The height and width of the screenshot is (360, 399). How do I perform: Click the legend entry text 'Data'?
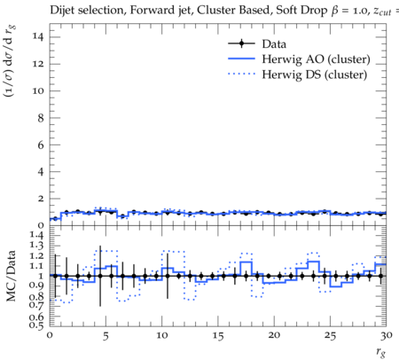[274, 44]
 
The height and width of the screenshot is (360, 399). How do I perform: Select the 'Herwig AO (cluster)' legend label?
[316, 59]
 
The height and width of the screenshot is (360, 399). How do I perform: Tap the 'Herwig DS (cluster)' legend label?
[315, 74]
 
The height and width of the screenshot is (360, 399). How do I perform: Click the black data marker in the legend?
[241, 43]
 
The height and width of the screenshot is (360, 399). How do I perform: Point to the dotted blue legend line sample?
[241, 74]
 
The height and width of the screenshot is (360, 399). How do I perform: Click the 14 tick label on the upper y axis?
[38, 37]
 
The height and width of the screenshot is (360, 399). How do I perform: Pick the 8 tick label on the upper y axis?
[41, 118]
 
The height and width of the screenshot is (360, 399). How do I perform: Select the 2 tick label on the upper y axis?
[41, 199]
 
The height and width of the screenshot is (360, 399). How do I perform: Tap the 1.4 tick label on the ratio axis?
[36, 235]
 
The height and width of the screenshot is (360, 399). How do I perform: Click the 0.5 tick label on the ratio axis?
[36, 325]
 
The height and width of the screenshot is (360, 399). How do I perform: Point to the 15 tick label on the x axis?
[218, 336]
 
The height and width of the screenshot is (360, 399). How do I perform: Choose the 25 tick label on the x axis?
[330, 336]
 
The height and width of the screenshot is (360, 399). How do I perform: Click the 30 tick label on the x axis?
[387, 336]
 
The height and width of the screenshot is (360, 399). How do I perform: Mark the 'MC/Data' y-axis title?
[12, 276]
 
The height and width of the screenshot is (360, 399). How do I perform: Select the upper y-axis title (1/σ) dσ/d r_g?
[10, 61]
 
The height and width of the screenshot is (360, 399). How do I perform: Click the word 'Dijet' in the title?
[62, 11]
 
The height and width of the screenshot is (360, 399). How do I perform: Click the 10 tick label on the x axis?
[162, 336]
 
